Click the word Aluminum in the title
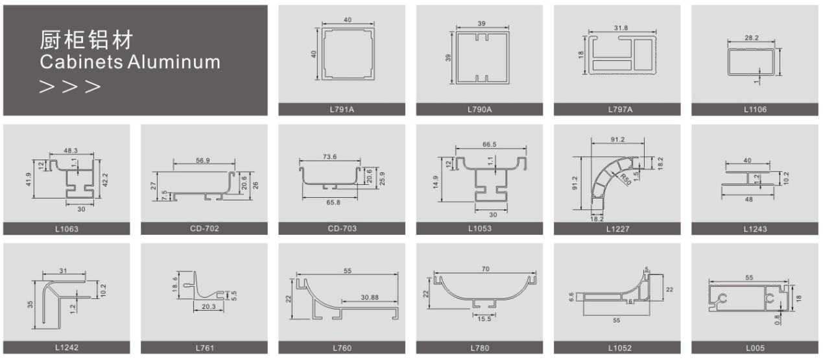(174, 62)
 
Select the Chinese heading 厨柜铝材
(86, 40)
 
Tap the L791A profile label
(342, 109)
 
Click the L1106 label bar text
(755, 109)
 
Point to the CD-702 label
(204, 228)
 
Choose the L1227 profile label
(617, 229)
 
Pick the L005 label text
(755, 348)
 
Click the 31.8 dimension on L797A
(621, 28)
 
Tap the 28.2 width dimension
(752, 38)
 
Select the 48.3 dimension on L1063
(71, 150)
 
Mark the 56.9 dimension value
(203, 160)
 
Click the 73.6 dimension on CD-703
(329, 157)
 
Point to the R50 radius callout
(625, 180)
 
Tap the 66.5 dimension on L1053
(490, 145)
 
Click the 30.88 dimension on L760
(370, 297)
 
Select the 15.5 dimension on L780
(484, 319)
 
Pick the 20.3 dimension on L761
(209, 306)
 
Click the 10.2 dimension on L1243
(786, 178)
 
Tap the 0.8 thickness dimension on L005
(777, 320)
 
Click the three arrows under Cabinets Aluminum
(70, 87)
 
